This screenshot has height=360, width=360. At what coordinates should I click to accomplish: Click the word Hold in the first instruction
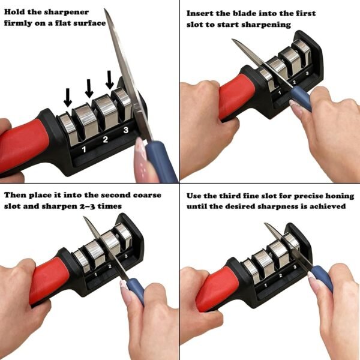(16, 12)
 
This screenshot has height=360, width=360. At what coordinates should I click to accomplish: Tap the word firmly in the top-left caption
(20, 23)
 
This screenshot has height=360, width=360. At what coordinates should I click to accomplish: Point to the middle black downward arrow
(89, 88)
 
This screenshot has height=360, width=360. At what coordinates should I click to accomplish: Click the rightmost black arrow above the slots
(109, 79)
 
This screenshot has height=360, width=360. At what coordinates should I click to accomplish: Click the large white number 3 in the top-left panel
(125, 130)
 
